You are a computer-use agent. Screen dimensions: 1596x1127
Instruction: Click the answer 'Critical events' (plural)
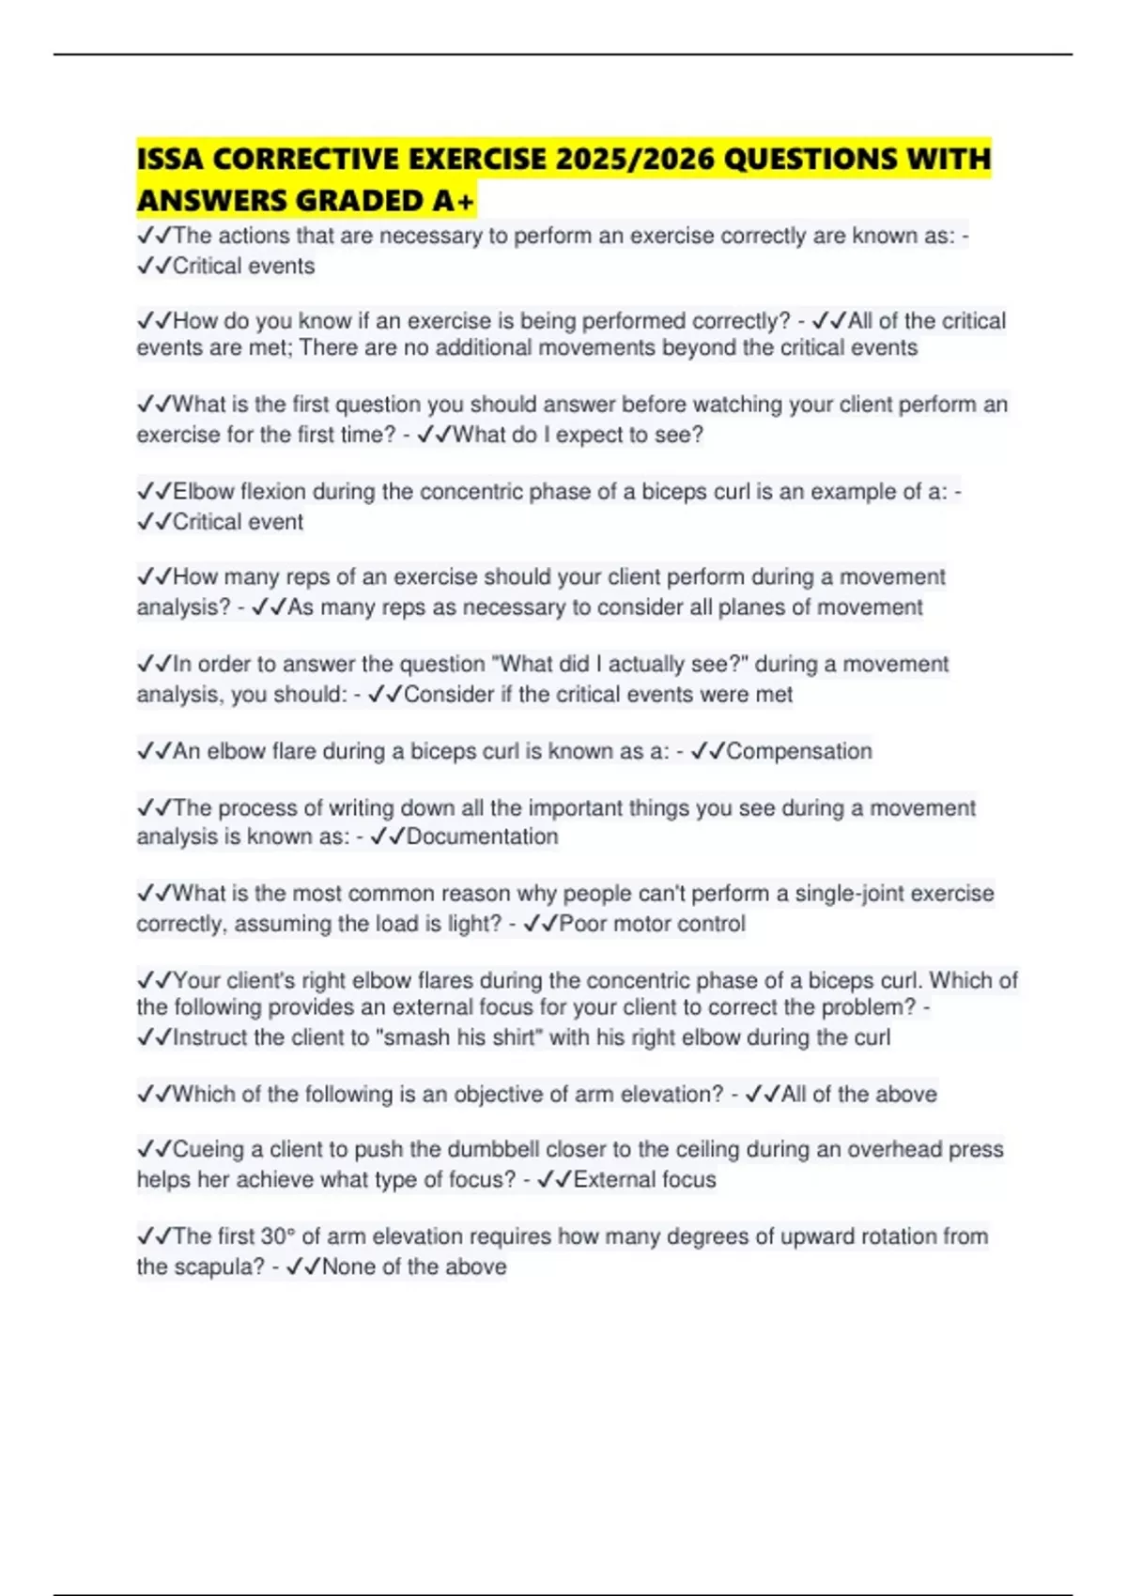point(243,266)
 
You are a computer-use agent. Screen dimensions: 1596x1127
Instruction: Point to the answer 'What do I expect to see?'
point(578,435)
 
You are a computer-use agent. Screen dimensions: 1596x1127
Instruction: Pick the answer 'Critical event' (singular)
point(238,522)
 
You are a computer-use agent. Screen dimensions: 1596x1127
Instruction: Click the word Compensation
point(798,751)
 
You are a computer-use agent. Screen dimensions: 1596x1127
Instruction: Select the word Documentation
point(482,836)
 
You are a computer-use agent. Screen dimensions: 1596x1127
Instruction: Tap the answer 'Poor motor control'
point(652,924)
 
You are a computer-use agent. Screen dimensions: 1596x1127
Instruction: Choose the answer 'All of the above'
point(858,1094)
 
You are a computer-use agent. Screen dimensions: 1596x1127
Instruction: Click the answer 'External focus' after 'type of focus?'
point(644,1180)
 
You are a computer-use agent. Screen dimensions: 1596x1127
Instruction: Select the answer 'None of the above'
point(413,1266)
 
